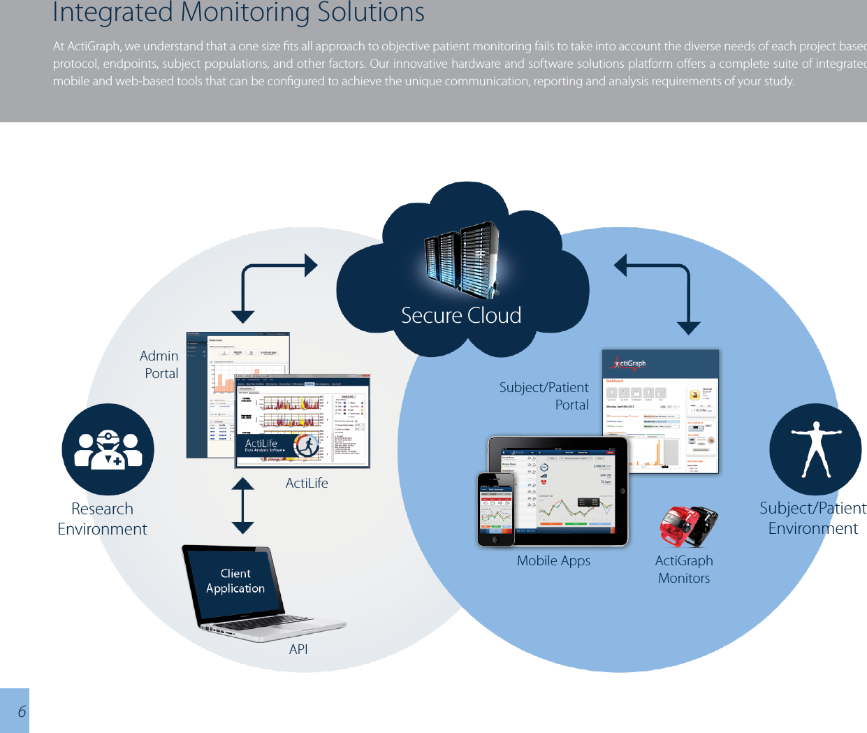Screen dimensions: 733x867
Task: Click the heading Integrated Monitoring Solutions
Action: pyautogui.click(x=238, y=13)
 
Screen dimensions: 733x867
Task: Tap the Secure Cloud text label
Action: pyautogui.click(x=461, y=315)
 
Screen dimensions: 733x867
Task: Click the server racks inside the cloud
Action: pyautogui.click(x=461, y=259)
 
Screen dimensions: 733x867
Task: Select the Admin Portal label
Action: pyautogui.click(x=160, y=365)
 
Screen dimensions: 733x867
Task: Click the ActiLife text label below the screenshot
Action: pyautogui.click(x=307, y=483)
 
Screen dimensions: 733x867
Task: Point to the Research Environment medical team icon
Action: pyautogui.click(x=108, y=449)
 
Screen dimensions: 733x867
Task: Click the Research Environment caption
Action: pyautogui.click(x=102, y=518)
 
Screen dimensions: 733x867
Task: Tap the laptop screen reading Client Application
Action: pyautogui.click(x=235, y=581)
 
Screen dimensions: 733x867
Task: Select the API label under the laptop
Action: pyautogui.click(x=298, y=649)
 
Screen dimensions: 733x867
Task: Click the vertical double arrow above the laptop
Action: pyautogui.click(x=242, y=505)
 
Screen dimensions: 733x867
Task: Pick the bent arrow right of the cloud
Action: pyautogui.click(x=660, y=286)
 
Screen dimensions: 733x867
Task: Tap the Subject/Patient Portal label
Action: pyautogui.click(x=544, y=396)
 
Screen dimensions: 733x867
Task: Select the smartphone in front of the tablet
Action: pyautogui.click(x=496, y=509)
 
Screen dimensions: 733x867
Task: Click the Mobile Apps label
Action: pyautogui.click(x=553, y=560)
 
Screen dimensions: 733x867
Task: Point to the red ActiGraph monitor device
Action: pyautogui.click(x=678, y=528)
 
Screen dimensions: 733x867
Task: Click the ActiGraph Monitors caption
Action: pyautogui.click(x=684, y=569)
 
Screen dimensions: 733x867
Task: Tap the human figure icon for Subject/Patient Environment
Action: pyautogui.click(x=815, y=449)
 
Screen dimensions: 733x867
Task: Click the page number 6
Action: pyautogui.click(x=22, y=711)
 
